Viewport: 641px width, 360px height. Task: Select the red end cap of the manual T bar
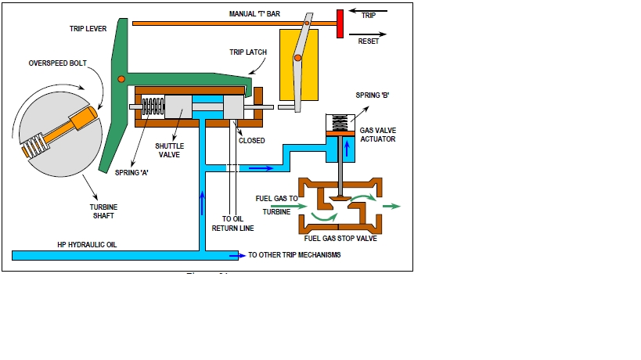341,23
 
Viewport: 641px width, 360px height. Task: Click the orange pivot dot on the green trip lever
121,79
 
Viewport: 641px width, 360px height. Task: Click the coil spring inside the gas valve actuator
340,121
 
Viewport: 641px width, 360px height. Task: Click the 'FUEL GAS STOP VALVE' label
340,239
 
